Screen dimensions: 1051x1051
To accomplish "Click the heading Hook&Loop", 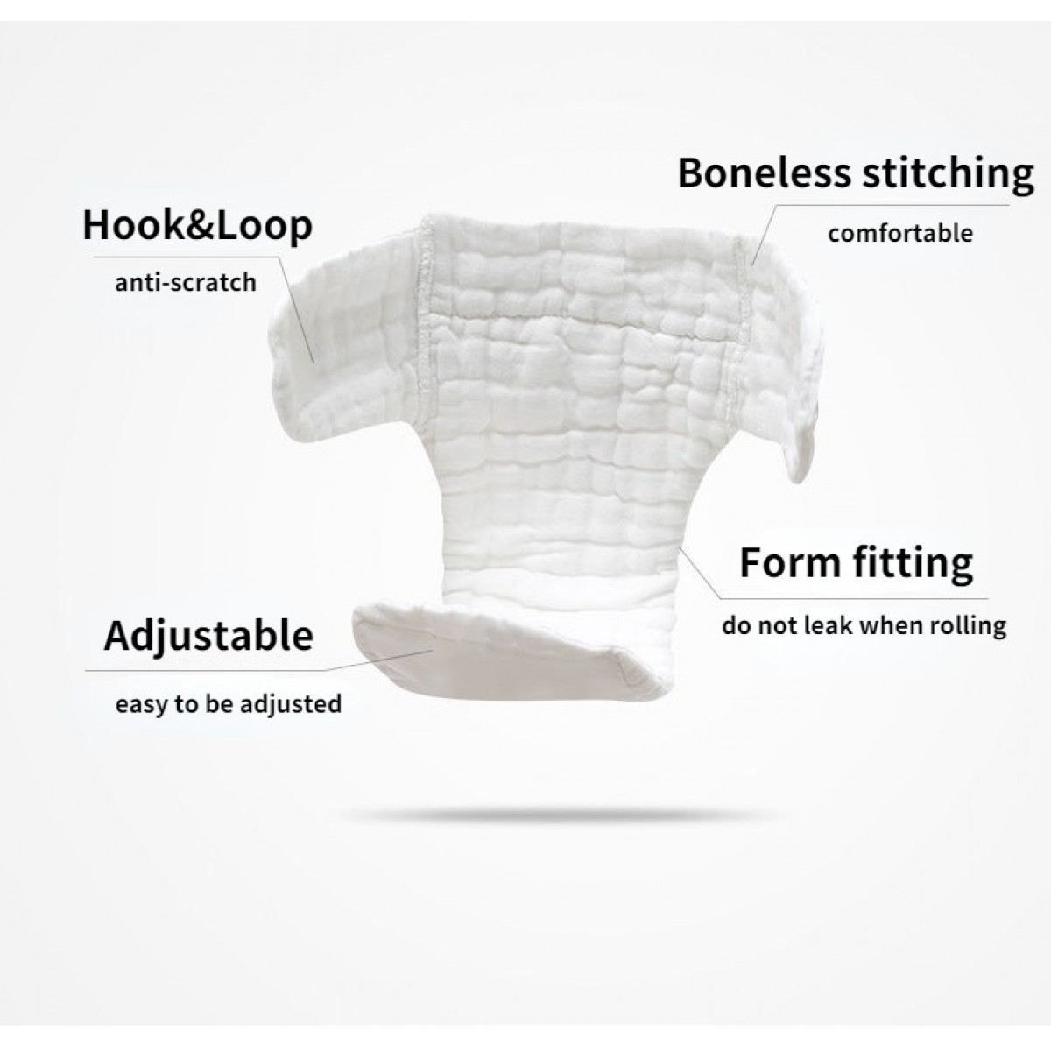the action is pyautogui.click(x=197, y=226).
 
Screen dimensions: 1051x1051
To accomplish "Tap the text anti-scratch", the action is pyautogui.click(x=186, y=283).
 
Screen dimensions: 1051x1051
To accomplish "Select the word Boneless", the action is pyautogui.click(x=764, y=173).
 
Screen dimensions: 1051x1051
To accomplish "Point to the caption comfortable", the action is pyautogui.click(x=900, y=234).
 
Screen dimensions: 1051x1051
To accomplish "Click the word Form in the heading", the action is pyautogui.click(x=790, y=562).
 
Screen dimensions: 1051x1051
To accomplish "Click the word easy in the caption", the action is pyautogui.click(x=141, y=705).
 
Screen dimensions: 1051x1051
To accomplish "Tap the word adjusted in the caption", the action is pyautogui.click(x=292, y=705).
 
